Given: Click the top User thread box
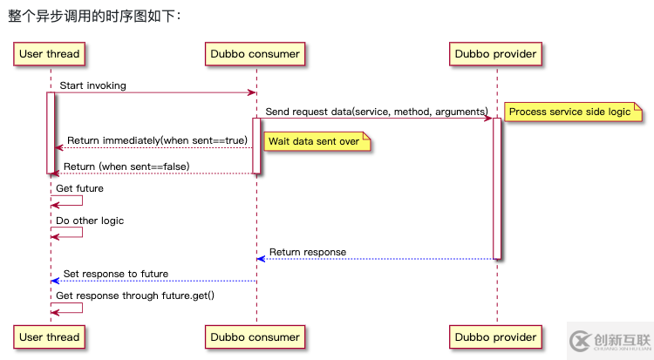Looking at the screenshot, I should pyautogui.click(x=50, y=54).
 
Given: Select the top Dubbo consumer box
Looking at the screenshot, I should pyautogui.click(x=255, y=54).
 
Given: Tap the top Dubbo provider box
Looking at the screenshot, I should pyautogui.click(x=495, y=54).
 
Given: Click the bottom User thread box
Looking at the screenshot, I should pyautogui.click(x=50, y=337).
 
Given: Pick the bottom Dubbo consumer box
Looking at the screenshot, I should pyautogui.click(x=255, y=337).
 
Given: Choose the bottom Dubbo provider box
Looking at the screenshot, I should pyautogui.click(x=495, y=337).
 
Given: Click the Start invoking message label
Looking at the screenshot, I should pyautogui.click(x=92, y=85).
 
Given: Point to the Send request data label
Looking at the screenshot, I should pyautogui.click(x=376, y=112).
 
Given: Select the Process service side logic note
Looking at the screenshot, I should pyautogui.click(x=572, y=112).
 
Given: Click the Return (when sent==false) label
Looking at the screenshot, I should pyautogui.click(x=126, y=166).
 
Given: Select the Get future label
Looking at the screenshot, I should pyautogui.click(x=79, y=188).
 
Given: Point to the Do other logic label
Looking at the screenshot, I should pyautogui.click(x=90, y=221).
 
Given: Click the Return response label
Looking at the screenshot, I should pyautogui.click(x=307, y=252).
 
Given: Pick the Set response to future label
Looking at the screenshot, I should pyautogui.click(x=115, y=274).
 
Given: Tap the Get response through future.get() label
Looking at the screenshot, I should pyautogui.click(x=135, y=295).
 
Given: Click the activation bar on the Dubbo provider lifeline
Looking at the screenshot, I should pyautogui.click(x=497, y=187).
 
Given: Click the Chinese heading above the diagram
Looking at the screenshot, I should pyautogui.click(x=95, y=15).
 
